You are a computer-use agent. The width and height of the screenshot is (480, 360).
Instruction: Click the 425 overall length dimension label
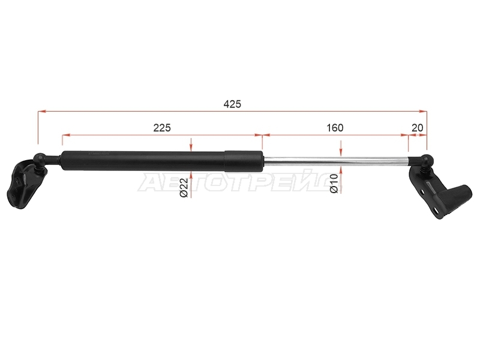232,104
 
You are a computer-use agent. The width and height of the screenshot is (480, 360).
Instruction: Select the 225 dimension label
162,128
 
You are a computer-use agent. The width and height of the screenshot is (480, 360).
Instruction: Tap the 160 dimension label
335,128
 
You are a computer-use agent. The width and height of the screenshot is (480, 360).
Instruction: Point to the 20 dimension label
417,128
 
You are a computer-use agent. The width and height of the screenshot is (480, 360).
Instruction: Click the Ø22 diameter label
184,188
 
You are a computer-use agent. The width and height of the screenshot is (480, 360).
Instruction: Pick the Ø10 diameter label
334,184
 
